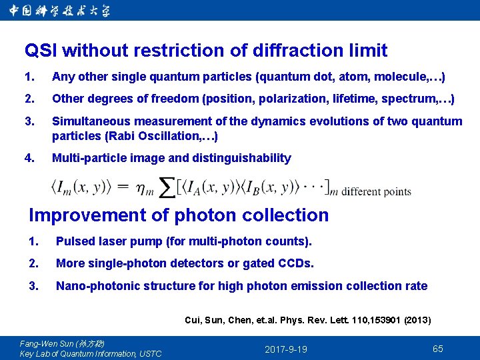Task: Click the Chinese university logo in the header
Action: tap(60, 11)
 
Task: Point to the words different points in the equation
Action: tap(377, 192)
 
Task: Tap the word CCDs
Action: tap(293, 263)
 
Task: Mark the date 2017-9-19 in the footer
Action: tap(286, 349)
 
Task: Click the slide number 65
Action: tap(438, 349)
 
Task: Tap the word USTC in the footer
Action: tap(149, 353)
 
